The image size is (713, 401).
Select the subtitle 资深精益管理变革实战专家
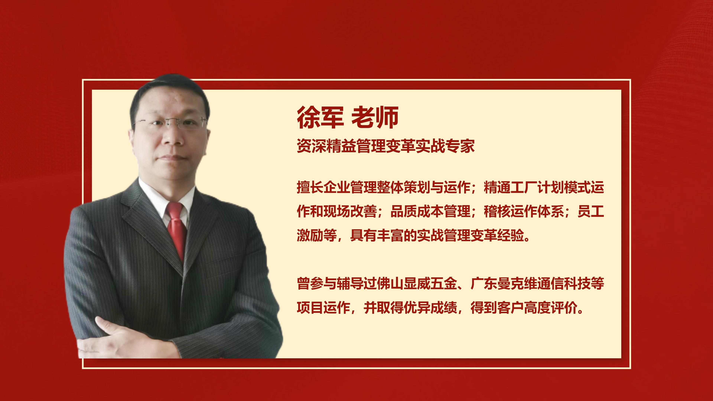click(x=386, y=146)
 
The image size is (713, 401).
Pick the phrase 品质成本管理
click(x=430, y=211)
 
